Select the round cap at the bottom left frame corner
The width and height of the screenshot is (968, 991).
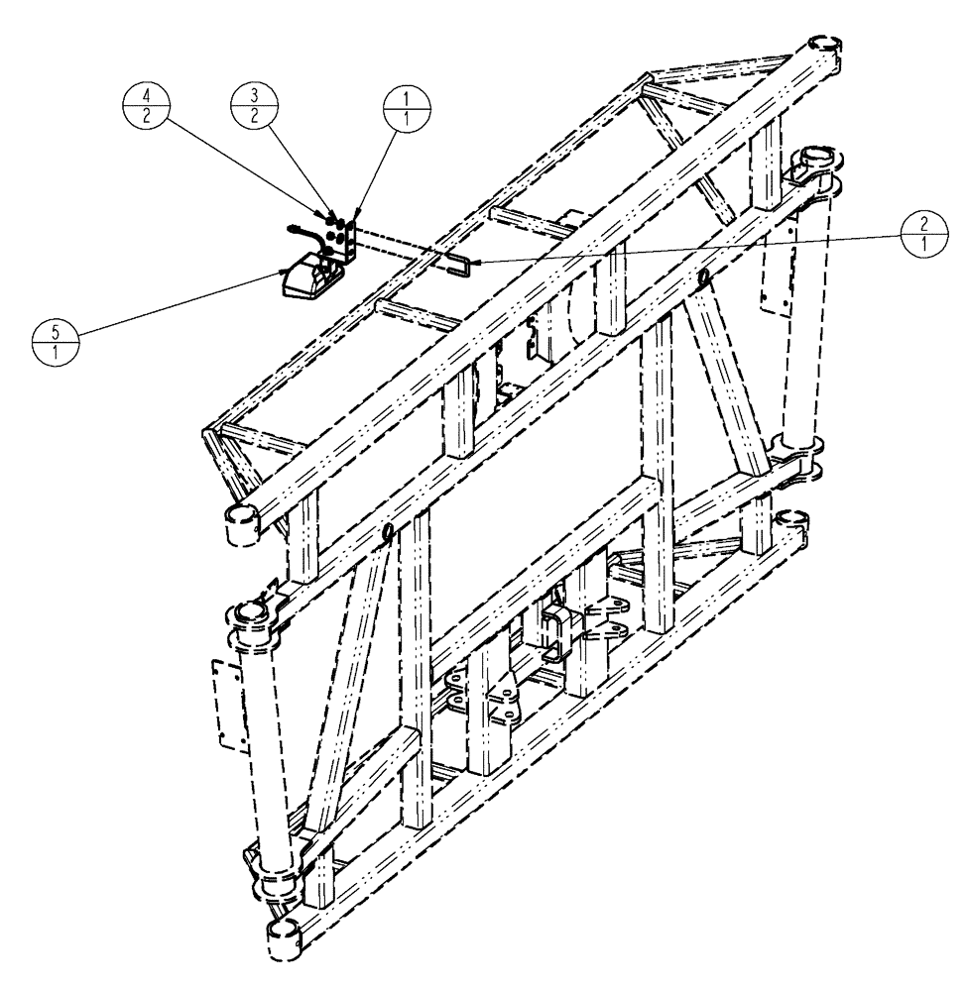pos(286,932)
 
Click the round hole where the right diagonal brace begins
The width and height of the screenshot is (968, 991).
pos(704,277)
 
